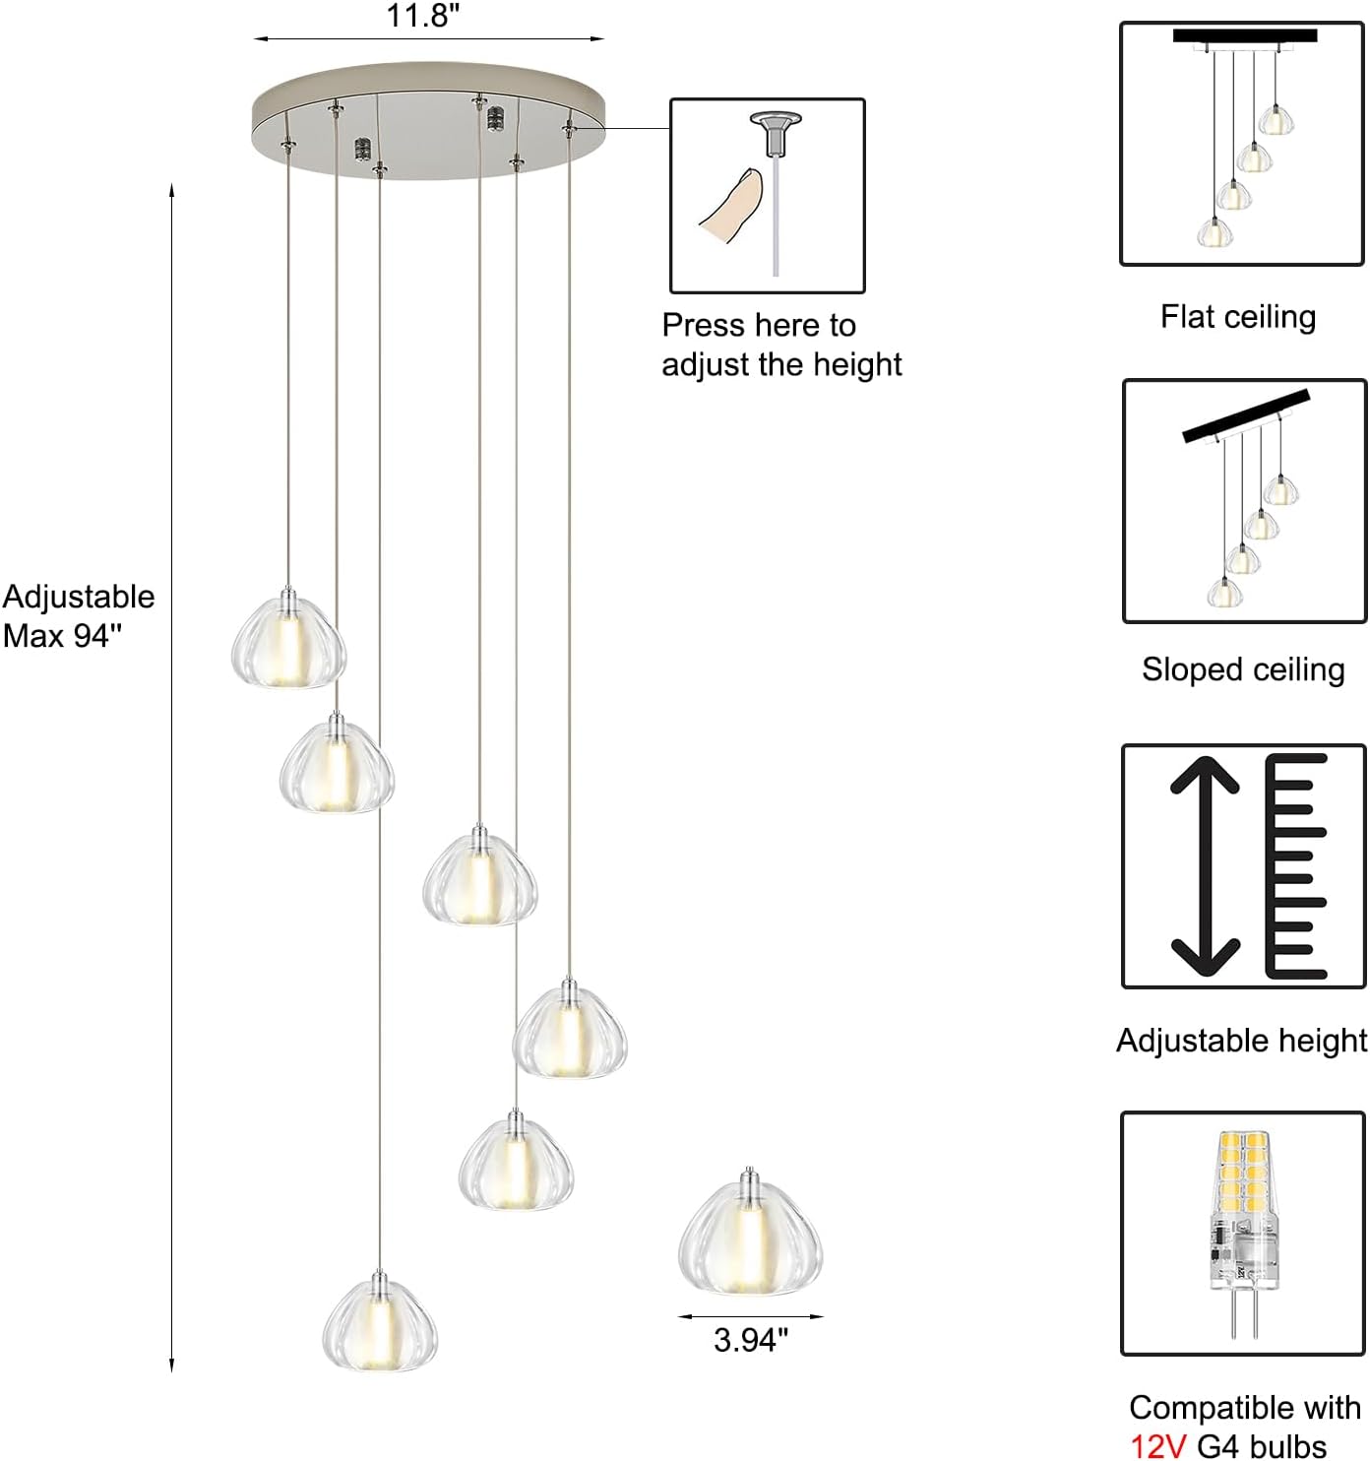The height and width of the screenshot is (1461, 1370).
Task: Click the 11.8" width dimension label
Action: point(423,17)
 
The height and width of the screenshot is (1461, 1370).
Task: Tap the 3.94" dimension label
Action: point(751,1340)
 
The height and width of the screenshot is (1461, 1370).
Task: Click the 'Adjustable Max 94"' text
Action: point(79,616)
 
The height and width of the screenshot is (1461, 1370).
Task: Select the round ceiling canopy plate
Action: point(428,120)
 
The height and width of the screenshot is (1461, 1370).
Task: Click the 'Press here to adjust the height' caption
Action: point(781,345)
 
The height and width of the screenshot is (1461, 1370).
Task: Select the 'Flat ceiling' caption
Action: point(1237,317)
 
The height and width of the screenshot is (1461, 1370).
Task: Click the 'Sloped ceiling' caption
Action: point(1242,669)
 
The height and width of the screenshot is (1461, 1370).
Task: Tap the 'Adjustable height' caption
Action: point(1241,1041)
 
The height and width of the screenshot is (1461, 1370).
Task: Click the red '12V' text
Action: point(1158,1445)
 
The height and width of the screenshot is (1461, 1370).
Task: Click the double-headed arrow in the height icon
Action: point(1205,866)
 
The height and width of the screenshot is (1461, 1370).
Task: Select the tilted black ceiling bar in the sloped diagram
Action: point(1246,416)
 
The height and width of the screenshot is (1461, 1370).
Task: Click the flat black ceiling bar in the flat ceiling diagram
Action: point(1244,35)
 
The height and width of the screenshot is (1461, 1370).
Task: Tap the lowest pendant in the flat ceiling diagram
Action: point(1214,231)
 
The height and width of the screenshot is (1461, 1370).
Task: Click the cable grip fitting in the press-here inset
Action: point(775,133)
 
